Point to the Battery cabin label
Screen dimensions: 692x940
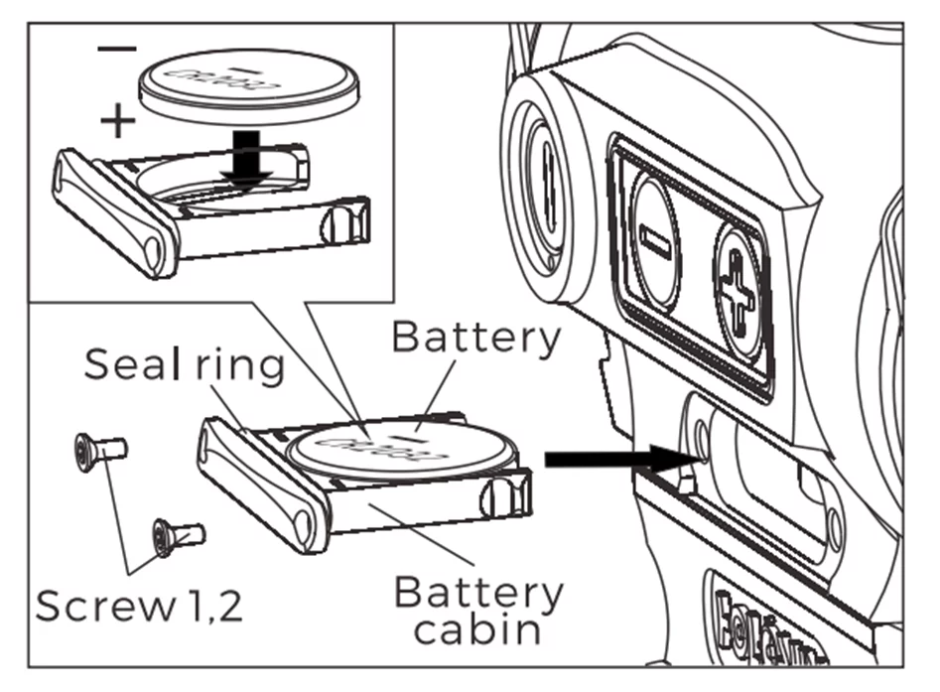point(477,610)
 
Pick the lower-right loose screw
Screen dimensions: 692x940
point(179,536)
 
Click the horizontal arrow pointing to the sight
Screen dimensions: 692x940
point(615,459)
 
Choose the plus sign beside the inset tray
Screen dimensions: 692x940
point(118,122)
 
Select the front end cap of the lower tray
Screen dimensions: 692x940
point(263,484)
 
